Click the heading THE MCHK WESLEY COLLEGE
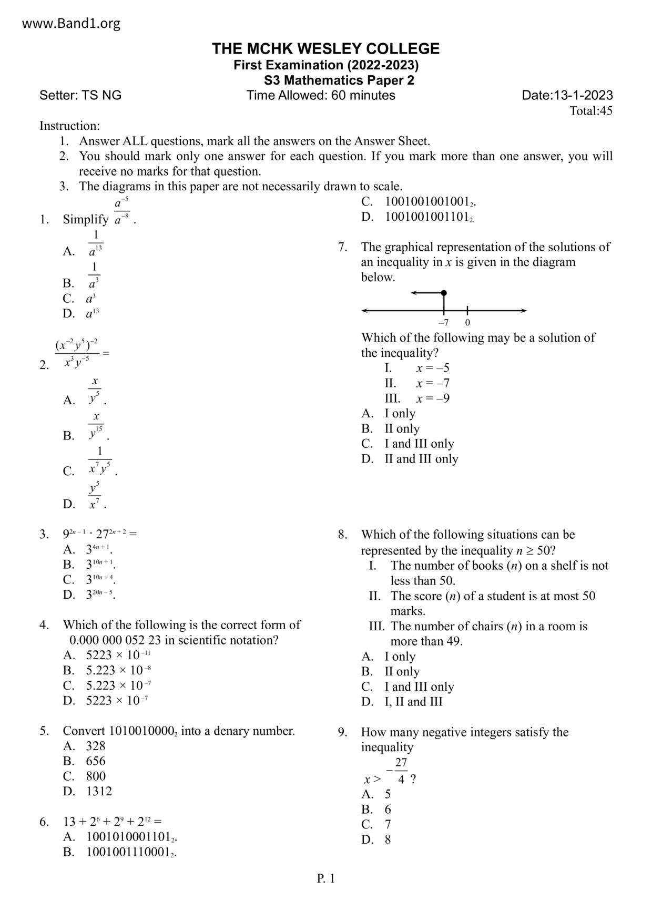tap(325, 49)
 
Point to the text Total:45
tap(591, 111)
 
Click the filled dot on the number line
tap(444, 293)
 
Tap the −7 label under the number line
tap(443, 323)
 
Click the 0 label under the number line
tap(467, 323)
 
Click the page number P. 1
tap(325, 878)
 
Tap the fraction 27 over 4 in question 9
tap(401, 771)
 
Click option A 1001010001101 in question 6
tap(131, 837)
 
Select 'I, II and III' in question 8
tap(413, 702)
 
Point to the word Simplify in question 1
tap(86, 220)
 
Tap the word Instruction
tap(69, 126)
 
